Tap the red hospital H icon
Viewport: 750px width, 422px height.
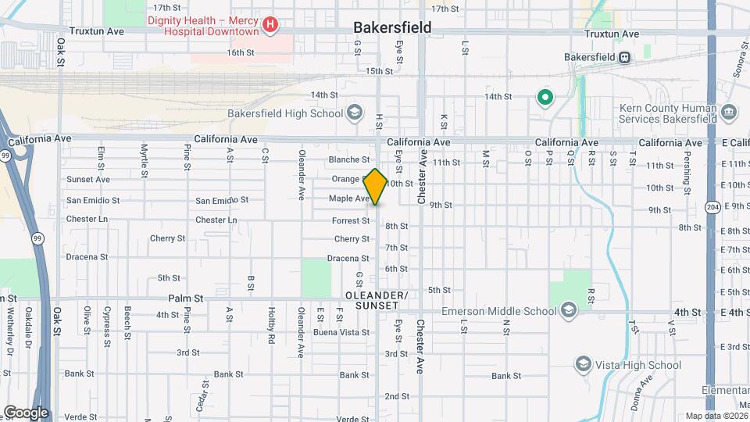[270, 25]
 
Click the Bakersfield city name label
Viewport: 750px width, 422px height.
[392, 27]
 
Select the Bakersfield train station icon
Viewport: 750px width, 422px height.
[624, 57]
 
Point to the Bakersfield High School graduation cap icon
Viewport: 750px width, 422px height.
[355, 113]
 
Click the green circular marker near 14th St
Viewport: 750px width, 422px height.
[545, 98]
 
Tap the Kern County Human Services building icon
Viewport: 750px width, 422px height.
[728, 113]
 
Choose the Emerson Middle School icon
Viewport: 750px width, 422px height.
[568, 311]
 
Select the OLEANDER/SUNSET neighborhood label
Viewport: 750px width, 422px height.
[377, 300]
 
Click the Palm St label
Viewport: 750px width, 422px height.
[185, 299]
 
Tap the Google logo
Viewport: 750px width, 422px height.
[26, 413]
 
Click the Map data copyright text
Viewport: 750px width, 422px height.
[716, 416]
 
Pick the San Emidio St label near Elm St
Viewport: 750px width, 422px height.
[92, 200]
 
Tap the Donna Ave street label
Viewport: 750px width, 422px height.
[644, 388]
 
